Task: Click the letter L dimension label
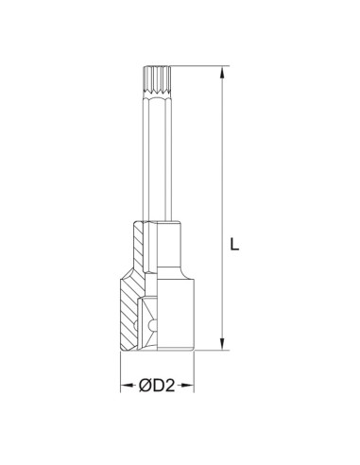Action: pyautogui.click(x=237, y=243)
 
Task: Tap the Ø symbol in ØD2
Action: pyautogui.click(x=147, y=387)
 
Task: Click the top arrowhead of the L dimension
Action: pyautogui.click(x=222, y=71)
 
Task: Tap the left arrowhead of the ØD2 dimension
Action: pyautogui.click(x=126, y=387)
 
